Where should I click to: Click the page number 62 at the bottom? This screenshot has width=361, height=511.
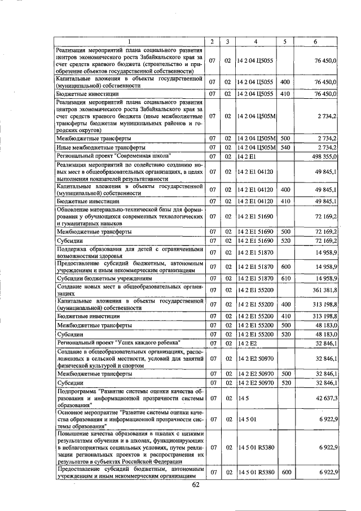196,484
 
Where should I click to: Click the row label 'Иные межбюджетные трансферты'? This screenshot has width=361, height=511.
99,147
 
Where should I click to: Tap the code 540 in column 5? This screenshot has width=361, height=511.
285,147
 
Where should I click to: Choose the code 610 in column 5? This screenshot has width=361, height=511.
285,278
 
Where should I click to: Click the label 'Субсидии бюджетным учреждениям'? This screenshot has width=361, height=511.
104,278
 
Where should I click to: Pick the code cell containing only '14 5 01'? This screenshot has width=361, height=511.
246,419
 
